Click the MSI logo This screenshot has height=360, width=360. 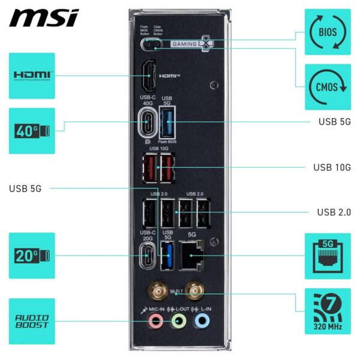pyautogui.click(x=44, y=17)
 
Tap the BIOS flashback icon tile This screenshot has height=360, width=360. pyautogui.click(x=328, y=31)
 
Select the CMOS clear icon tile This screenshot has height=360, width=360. pyautogui.click(x=328, y=86)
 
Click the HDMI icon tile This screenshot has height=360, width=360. pyautogui.click(x=32, y=76)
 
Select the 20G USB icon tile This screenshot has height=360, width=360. pyautogui.click(x=32, y=255)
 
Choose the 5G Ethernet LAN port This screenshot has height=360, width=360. pyautogui.click(x=192, y=255)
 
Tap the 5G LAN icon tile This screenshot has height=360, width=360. pyautogui.click(x=328, y=255)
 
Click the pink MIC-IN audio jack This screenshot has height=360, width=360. pyautogui.click(x=155, y=321)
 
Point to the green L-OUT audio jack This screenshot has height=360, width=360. pyautogui.click(x=178, y=321)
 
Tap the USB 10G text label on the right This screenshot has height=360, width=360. pyautogui.click(x=332, y=167)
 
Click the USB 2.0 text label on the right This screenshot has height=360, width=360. pyautogui.click(x=334, y=212)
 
